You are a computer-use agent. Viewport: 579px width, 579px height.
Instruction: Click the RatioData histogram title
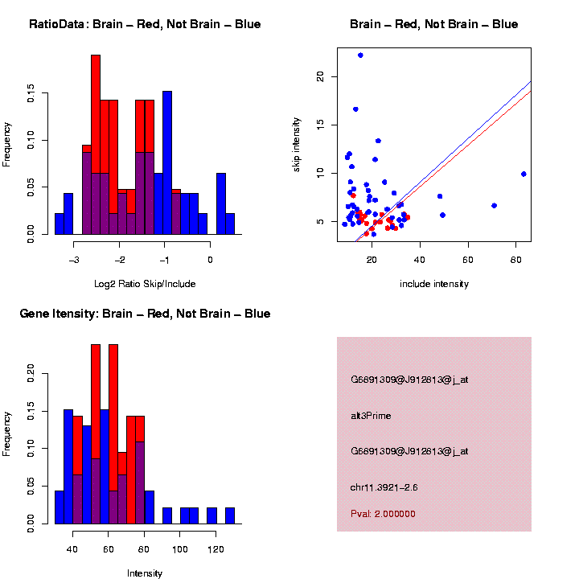coord(145,24)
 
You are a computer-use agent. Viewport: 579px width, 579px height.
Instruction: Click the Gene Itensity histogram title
coord(145,313)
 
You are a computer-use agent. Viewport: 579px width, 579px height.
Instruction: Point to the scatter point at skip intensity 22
coord(360,55)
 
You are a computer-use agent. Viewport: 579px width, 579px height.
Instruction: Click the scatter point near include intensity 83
coord(524,174)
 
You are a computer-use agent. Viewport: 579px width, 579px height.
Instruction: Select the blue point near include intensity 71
coord(494,205)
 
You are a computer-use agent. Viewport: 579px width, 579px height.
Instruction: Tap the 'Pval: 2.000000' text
coord(383,514)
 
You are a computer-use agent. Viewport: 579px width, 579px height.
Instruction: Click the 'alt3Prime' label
coord(371,416)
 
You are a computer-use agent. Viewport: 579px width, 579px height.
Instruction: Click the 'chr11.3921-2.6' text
coord(384,487)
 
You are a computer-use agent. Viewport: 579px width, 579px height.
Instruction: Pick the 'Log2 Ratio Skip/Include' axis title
coord(145,283)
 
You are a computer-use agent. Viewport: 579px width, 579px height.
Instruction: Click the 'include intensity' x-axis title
coord(433,283)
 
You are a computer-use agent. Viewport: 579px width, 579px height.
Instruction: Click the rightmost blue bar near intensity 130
coord(230,515)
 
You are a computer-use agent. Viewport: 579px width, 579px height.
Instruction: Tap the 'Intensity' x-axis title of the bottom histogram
coord(145,573)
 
